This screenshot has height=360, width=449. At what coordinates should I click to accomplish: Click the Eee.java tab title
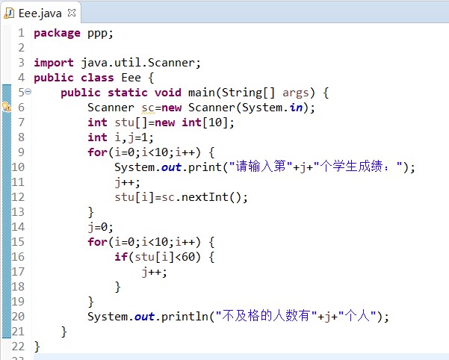point(40,13)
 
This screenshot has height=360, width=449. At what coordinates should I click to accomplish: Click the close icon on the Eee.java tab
point(72,13)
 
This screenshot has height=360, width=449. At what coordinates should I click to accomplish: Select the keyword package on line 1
point(57,33)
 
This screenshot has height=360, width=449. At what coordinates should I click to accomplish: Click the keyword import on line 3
point(54,63)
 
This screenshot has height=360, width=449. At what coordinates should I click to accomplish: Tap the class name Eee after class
point(131,78)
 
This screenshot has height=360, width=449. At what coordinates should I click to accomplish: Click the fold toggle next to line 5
point(28,92)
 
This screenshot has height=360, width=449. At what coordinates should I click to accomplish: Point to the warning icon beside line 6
point(7,108)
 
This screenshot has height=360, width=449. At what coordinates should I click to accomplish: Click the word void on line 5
point(168,93)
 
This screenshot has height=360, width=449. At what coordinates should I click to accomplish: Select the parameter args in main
point(296,93)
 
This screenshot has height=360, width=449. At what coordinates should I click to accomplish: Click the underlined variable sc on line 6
point(148,108)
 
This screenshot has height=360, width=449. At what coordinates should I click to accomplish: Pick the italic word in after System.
point(296,108)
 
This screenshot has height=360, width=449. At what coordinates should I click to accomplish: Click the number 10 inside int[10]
point(215,122)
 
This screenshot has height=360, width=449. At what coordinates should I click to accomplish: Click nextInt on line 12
point(205,197)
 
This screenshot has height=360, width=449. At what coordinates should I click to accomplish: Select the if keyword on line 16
point(121,256)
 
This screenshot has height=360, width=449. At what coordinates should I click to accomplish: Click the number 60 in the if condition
point(188,257)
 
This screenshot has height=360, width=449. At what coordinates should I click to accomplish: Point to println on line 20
point(185,317)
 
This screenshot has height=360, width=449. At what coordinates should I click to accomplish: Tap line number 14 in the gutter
point(18,227)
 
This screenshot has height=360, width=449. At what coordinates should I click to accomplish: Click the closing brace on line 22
point(37,347)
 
